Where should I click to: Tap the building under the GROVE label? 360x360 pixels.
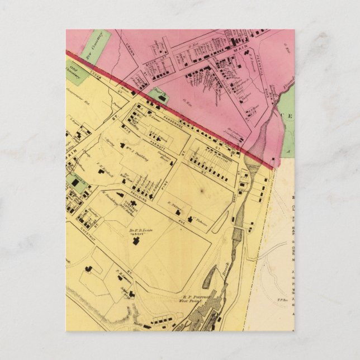pyautogui.click(x=134, y=241)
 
